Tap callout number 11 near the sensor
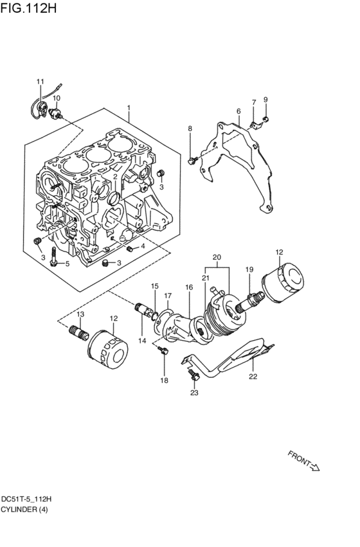(40, 82)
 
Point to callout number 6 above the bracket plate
(239, 111)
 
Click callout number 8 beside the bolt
(190, 129)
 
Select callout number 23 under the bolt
(194, 392)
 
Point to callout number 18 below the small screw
(164, 381)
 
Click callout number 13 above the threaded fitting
(80, 314)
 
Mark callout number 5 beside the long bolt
(67, 264)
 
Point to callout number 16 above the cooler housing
(189, 287)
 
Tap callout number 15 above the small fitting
(154, 285)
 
